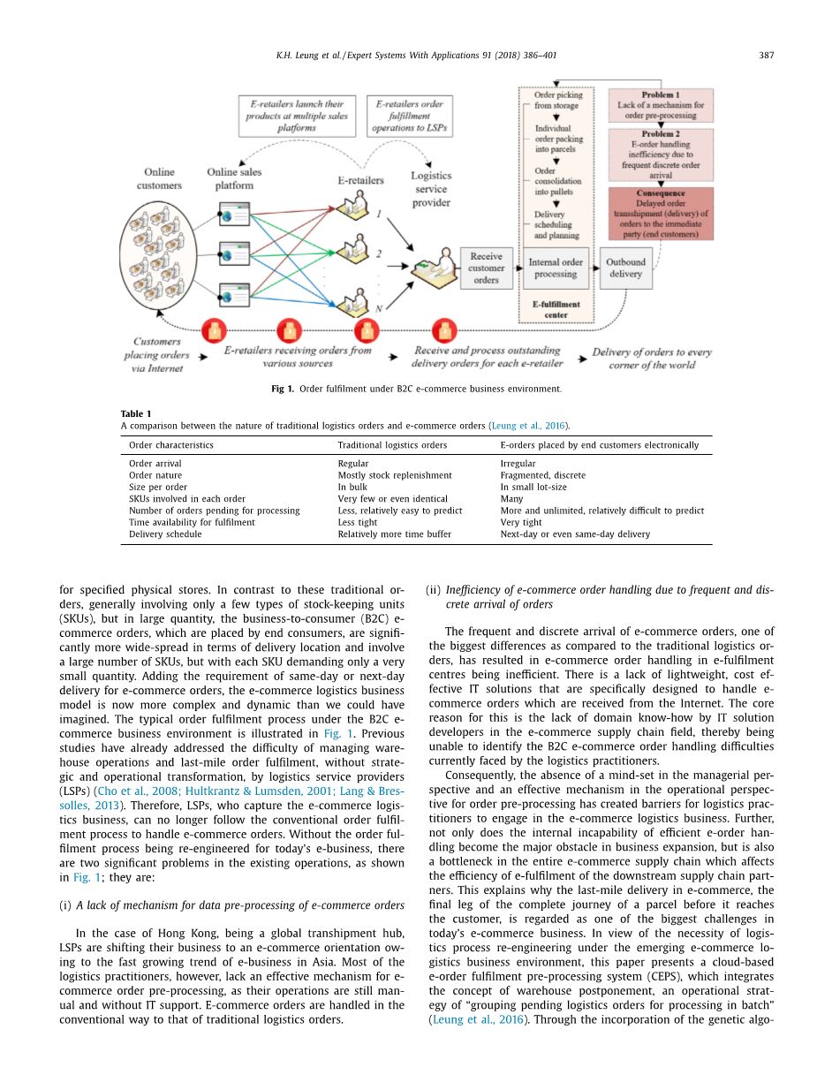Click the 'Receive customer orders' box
[x=486, y=268]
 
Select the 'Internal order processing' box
[x=556, y=268]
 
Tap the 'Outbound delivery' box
[x=625, y=268]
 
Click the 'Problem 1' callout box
[x=661, y=105]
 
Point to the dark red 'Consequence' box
[x=661, y=213]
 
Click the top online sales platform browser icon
[x=235, y=214]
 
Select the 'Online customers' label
[x=160, y=178]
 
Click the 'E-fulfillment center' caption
[x=556, y=309]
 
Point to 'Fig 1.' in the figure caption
[x=282, y=389]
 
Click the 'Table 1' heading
[x=135, y=413]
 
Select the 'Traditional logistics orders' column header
[x=392, y=445]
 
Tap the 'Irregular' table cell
[x=518, y=464]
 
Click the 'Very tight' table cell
[x=521, y=522]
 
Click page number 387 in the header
[x=766, y=56]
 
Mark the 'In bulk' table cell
[x=352, y=487]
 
